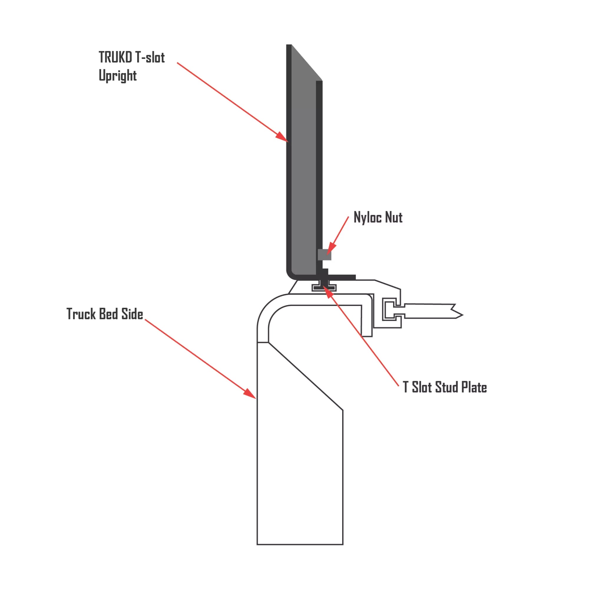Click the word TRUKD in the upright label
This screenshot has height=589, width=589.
tap(115, 57)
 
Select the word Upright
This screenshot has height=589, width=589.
tap(118, 75)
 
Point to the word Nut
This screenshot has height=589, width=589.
tap(393, 218)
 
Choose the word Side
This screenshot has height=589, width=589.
tap(132, 314)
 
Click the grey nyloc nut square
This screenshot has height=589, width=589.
tap(324, 254)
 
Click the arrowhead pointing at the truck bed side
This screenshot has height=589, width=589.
tap(250, 394)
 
